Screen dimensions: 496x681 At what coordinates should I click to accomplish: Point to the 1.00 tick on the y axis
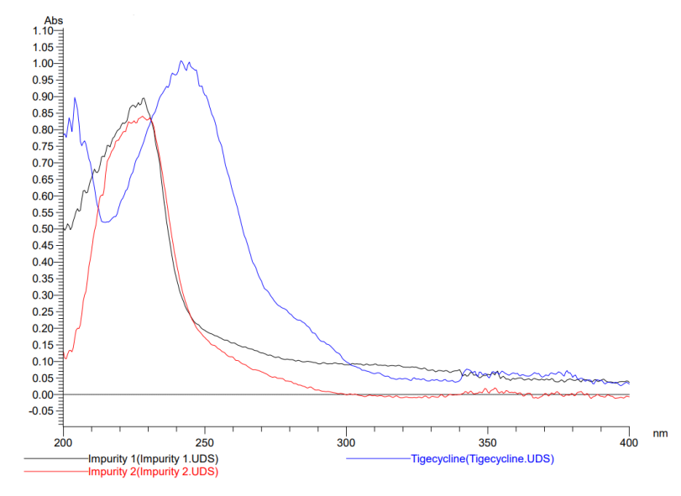pyautogui.click(x=41, y=64)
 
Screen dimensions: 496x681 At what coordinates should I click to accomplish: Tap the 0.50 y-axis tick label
pyautogui.click(x=41, y=229)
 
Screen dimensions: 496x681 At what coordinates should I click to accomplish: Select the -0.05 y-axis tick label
pyautogui.click(x=39, y=411)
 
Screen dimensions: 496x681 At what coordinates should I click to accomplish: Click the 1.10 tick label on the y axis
pyautogui.click(x=41, y=31)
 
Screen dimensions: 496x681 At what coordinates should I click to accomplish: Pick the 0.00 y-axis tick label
pyautogui.click(x=41, y=394)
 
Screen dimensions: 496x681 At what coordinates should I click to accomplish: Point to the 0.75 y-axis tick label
pyautogui.click(x=41, y=146)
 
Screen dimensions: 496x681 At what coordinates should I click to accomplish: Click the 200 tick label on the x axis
pyautogui.click(x=64, y=441)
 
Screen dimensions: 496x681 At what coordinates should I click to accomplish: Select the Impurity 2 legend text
pyautogui.click(x=153, y=472)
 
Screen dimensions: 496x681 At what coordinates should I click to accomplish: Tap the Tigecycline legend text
pyautogui.click(x=482, y=459)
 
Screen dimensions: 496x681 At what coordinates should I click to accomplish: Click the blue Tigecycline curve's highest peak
pyautogui.click(x=181, y=61)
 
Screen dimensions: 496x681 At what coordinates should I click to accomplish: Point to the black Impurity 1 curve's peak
pyautogui.click(x=144, y=98)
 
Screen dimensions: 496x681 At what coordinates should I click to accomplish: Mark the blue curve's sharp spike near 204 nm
pyautogui.click(x=75, y=97)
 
